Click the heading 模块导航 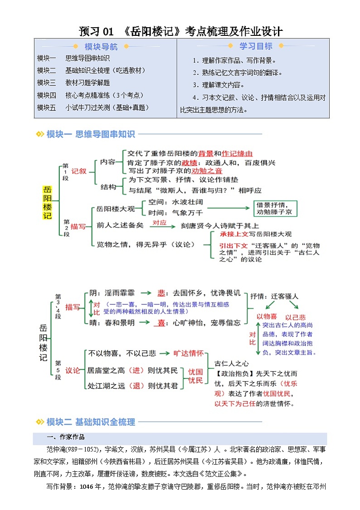coord(101,47)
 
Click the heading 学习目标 coord(256,46)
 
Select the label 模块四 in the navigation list coord(46,95)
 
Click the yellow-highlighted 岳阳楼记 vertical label coord(47,202)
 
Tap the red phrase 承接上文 coord(234,234)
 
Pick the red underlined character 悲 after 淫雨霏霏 coord(161,293)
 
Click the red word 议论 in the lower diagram coord(73,370)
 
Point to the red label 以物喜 coord(267,316)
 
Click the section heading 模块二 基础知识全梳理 coord(91,422)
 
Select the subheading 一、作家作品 coord(66,437)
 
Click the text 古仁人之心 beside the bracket coord(232,363)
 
